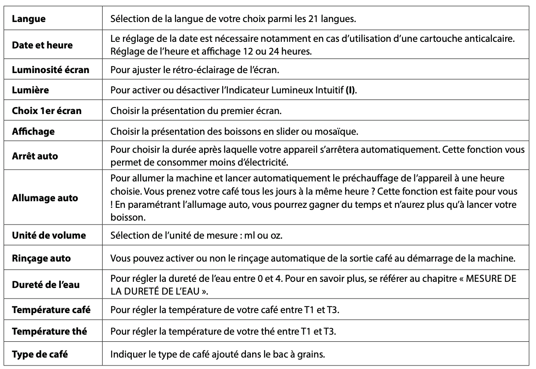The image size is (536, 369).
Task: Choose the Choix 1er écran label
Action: pyautogui.click(x=47, y=111)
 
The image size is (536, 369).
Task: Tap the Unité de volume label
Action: pyautogui.click(x=48, y=236)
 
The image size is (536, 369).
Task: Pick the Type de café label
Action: pyautogui.click(x=40, y=354)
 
